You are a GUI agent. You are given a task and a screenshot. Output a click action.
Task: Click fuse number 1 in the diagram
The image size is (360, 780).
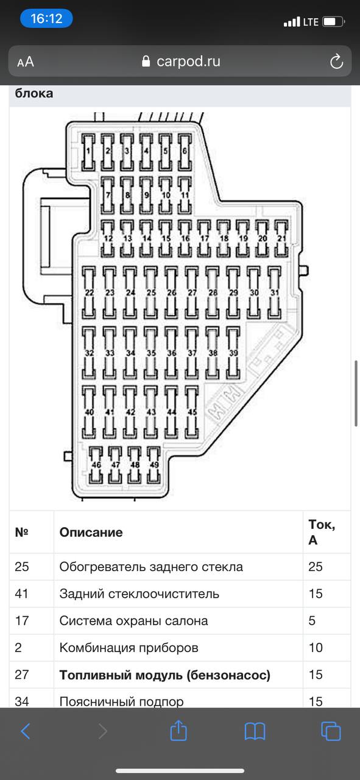[88, 152]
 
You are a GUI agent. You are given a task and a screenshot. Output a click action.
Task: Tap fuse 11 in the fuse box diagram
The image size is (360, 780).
[185, 195]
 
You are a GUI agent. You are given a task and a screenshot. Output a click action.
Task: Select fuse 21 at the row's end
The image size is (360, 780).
[281, 238]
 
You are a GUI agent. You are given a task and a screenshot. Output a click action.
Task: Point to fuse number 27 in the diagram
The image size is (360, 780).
[192, 293]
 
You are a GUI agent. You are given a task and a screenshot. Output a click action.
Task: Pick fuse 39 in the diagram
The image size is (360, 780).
[233, 353]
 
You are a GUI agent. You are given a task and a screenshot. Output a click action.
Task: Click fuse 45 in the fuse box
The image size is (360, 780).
[192, 412]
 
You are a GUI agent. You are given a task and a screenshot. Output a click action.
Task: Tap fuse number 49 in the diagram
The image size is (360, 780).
[154, 465]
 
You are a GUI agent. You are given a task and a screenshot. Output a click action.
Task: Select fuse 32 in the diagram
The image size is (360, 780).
[89, 353]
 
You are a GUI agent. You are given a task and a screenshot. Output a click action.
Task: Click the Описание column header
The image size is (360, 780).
[91, 532]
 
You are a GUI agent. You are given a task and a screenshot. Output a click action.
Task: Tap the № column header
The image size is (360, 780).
[21, 532]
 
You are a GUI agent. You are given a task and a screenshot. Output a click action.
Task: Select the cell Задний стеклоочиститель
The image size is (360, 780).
[139, 594]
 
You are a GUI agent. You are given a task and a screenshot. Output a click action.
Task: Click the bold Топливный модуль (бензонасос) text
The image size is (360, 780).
[164, 675]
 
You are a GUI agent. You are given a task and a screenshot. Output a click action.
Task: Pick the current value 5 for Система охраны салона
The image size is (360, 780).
[312, 620]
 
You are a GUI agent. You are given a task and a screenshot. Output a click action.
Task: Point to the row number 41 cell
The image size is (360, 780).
[21, 594]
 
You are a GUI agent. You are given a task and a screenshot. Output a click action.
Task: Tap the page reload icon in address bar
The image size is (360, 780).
[336, 62]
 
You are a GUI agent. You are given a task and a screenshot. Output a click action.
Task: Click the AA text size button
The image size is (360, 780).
[26, 62]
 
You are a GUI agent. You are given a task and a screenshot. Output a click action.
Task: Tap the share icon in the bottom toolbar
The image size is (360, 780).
[178, 731]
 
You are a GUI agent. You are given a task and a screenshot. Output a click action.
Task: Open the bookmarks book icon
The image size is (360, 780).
[255, 731]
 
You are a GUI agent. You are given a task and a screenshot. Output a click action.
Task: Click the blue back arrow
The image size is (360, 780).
[26, 731]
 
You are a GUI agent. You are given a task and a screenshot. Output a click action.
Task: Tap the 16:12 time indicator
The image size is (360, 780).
[46, 18]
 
